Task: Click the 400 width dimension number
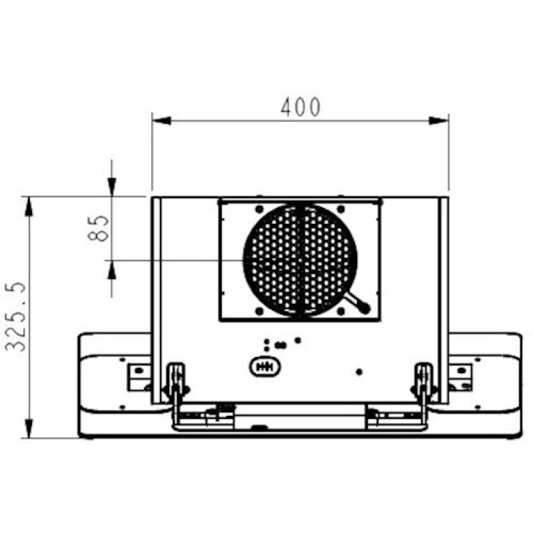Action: [300, 107]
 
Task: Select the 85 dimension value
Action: [98, 228]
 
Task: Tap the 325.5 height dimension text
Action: [15, 316]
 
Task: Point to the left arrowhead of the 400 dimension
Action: [161, 121]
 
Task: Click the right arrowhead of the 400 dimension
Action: [439, 121]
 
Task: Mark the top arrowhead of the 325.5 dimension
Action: [29, 207]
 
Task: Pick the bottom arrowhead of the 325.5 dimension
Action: [29, 428]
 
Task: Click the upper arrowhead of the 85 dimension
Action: [112, 187]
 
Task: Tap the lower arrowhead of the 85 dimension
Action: [112, 270]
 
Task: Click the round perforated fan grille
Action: [300, 260]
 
